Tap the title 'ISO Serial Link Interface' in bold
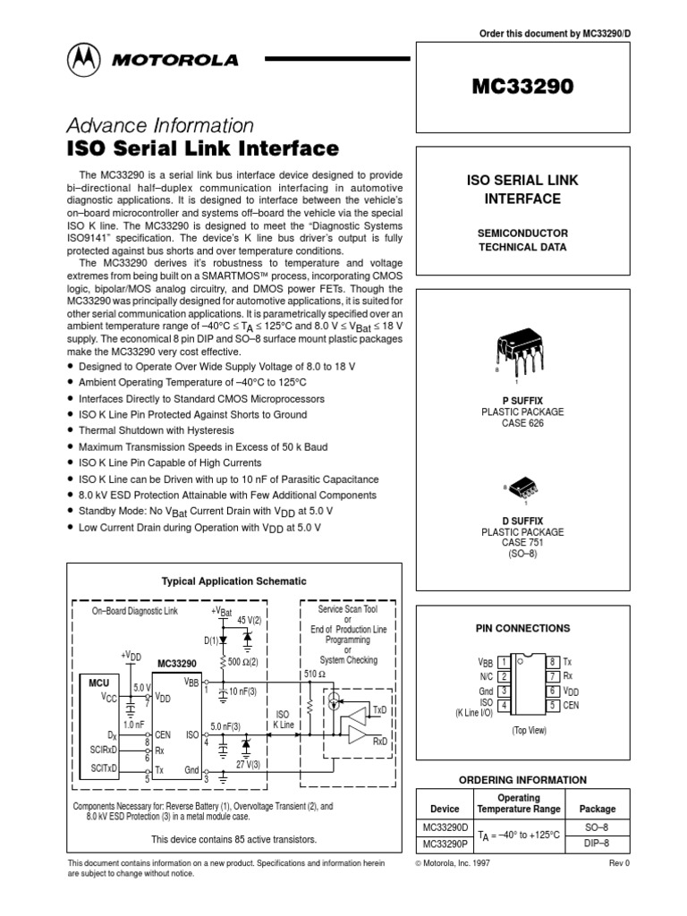pyautogui.click(x=203, y=148)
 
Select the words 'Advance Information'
pyautogui.click(x=161, y=124)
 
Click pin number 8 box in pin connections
pyautogui.click(x=553, y=661)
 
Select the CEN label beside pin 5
pyautogui.click(x=572, y=705)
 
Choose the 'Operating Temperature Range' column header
pyautogui.click(x=520, y=803)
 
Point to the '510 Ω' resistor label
pyautogui.click(x=315, y=674)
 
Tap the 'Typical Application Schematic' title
pyautogui.click(x=233, y=581)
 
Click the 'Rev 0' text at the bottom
pyautogui.click(x=620, y=863)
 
